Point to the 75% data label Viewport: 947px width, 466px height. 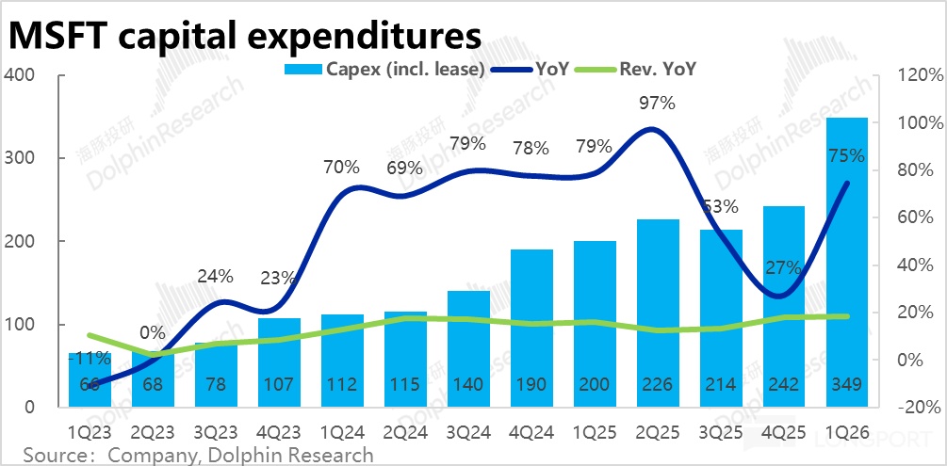click(845, 156)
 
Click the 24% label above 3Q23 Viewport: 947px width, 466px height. click(215, 277)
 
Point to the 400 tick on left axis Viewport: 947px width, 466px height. click(23, 75)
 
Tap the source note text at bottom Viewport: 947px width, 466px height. click(198, 455)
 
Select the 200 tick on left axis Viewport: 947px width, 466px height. click(23, 242)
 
